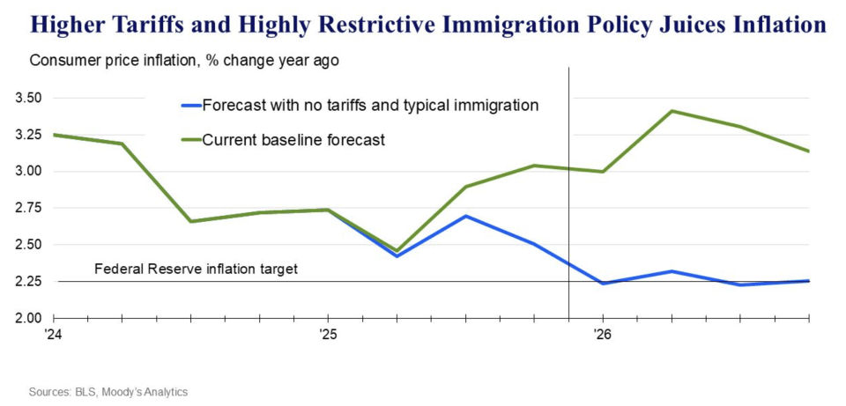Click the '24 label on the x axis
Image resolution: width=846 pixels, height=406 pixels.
click(x=55, y=335)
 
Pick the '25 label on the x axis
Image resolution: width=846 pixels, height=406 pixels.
click(x=328, y=335)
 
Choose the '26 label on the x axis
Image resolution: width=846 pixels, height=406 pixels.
click(x=602, y=335)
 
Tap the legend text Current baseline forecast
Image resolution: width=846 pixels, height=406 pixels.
click(x=293, y=139)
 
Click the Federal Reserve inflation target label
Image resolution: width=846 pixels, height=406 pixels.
click(x=196, y=269)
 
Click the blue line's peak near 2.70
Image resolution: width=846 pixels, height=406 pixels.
click(x=465, y=216)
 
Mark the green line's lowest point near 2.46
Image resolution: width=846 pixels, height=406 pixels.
click(x=397, y=251)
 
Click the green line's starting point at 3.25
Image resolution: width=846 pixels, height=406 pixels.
click(x=55, y=135)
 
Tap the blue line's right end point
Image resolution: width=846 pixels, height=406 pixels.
click(x=808, y=281)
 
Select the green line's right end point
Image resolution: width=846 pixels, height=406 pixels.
click(x=808, y=151)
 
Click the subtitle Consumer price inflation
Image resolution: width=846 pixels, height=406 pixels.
click(x=107, y=62)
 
